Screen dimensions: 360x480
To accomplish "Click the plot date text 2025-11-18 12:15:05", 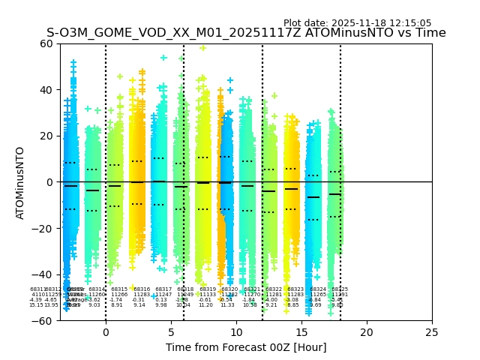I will pos(357,23).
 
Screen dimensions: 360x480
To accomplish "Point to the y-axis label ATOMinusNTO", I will pos(21,182).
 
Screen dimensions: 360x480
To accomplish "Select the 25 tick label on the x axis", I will pos(432,332).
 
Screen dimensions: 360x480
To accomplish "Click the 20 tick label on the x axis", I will pos(367,332).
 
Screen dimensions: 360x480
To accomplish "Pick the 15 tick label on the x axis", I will pos(301,332).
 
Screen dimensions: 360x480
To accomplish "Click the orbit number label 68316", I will pos(142,289).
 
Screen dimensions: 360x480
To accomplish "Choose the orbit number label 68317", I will pos(163,289).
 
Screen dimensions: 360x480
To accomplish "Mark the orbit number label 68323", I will pos(295,289).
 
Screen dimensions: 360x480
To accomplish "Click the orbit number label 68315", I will pos(119,289).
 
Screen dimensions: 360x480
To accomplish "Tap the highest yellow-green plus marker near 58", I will pos(202,48).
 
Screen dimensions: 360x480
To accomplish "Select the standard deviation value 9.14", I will pos(139,305).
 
